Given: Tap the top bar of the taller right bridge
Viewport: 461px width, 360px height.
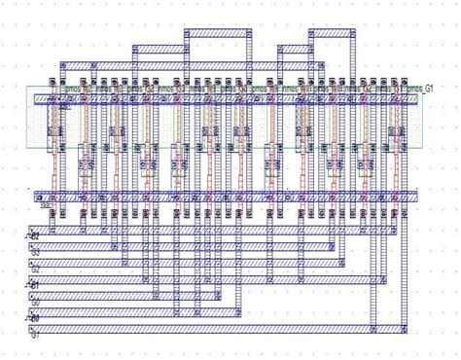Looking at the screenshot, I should pos(313,34).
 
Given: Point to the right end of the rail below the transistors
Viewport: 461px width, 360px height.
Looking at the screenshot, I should pos(415,197).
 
